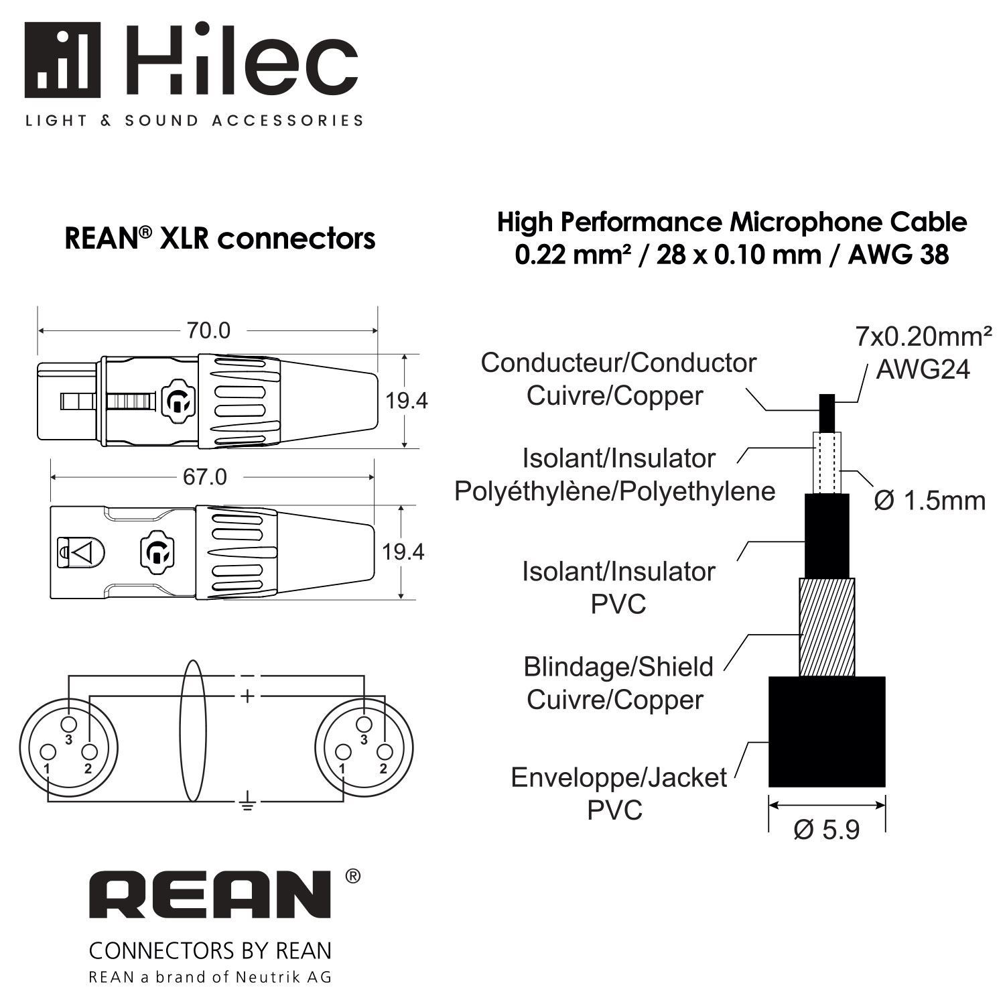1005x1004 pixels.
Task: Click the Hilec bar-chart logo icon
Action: point(62,60)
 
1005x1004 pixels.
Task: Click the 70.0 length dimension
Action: point(208,330)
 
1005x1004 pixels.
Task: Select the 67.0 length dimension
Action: point(205,477)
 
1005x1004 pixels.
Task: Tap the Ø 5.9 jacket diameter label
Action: point(826,830)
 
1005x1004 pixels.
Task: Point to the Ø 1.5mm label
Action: point(930,500)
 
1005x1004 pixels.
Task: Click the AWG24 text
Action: point(923,369)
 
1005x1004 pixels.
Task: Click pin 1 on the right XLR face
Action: point(343,751)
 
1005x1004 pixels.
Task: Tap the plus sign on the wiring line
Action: point(247,696)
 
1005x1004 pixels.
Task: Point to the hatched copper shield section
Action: point(827,627)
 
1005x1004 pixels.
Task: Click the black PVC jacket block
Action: point(827,731)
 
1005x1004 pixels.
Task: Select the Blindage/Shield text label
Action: point(618,667)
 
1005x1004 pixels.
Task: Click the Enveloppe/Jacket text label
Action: point(618,777)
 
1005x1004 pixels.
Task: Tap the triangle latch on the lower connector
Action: point(83,552)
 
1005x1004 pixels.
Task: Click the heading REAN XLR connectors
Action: point(220,239)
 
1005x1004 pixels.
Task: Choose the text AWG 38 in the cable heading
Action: point(898,255)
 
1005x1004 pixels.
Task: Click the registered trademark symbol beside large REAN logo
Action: point(352,876)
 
